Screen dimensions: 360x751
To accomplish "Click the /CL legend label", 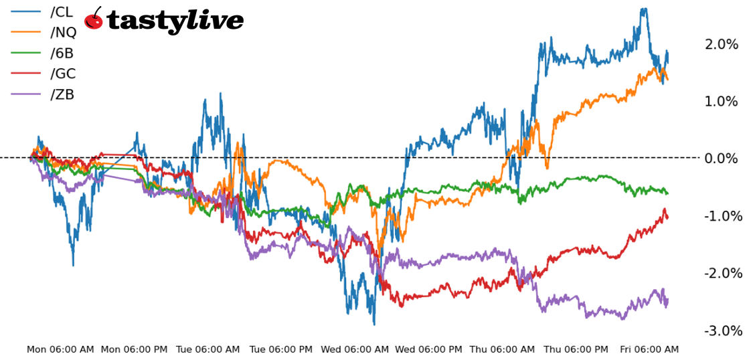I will point(62,11).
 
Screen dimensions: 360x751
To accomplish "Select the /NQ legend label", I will point(64,32).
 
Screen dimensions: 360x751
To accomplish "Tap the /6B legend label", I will point(62,53).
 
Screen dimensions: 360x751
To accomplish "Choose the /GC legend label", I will point(63,74).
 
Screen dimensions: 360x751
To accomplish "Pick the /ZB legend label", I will point(62,94).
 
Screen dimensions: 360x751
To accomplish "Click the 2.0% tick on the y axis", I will point(721,44).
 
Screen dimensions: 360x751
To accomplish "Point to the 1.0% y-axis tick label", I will point(721,102).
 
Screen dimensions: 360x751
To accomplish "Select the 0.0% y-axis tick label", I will point(721,159).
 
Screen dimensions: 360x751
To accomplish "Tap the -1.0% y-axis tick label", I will point(721,216).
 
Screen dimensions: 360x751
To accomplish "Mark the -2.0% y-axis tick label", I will point(721,273).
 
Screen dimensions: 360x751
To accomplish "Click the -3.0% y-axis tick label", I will point(721,331).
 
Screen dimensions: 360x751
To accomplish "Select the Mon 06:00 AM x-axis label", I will point(60,349).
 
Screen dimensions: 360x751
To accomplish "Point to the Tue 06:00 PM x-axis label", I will point(280,349).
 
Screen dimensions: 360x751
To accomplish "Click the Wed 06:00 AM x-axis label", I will point(355,349).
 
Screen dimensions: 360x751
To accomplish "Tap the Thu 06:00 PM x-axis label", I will point(576,349).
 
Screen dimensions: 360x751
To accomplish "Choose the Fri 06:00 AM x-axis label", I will point(649,349).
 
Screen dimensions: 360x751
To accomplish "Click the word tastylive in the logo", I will point(175,21).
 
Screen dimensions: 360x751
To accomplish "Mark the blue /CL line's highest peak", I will point(643,9).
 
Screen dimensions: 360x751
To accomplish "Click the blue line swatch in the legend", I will point(26,11).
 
